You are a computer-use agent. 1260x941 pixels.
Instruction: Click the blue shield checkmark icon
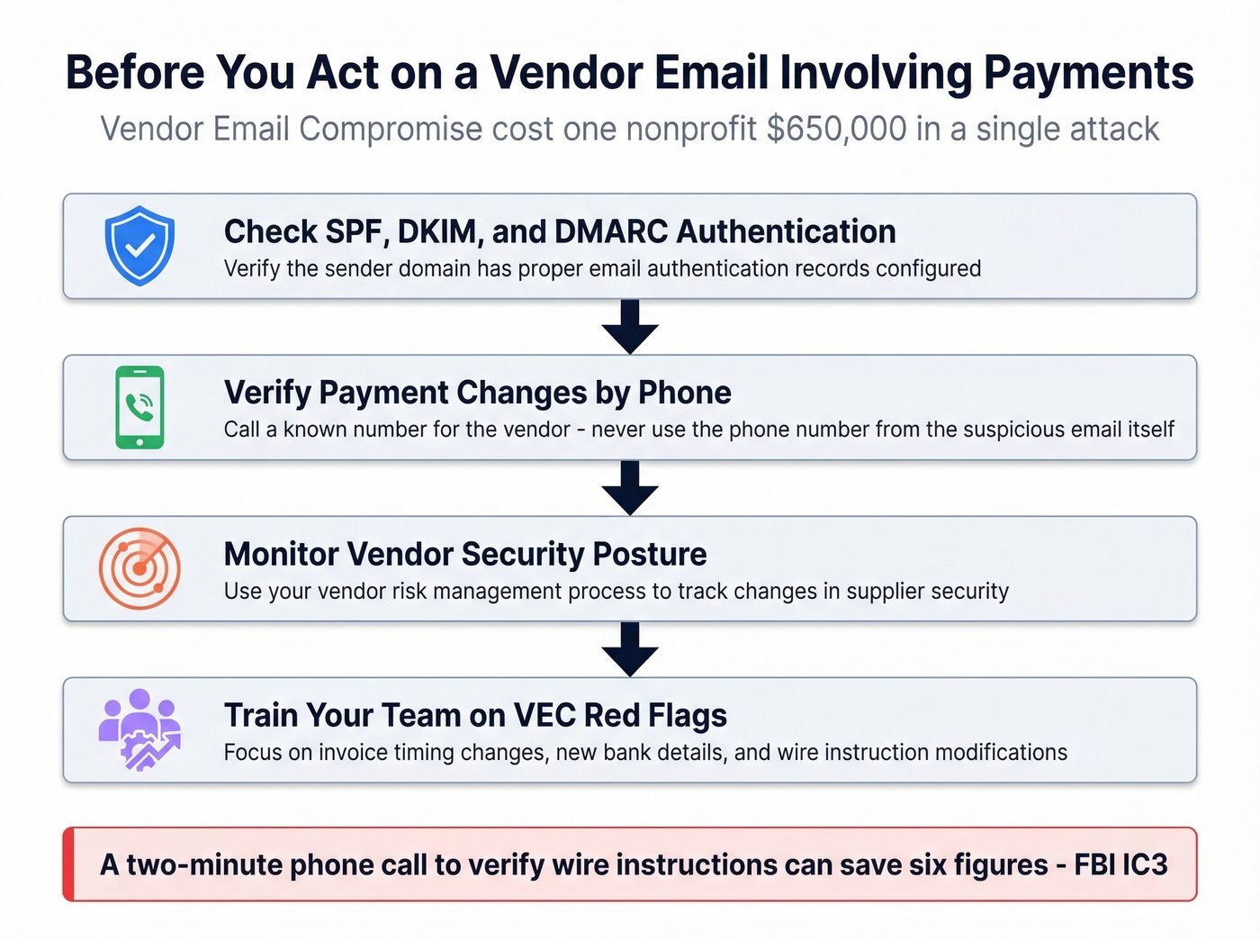pyautogui.click(x=139, y=245)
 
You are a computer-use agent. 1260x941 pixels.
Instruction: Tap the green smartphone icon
pyautogui.click(x=139, y=407)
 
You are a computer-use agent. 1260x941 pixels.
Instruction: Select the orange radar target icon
pyautogui.click(x=139, y=568)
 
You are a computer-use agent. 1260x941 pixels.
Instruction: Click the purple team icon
pyautogui.click(x=139, y=729)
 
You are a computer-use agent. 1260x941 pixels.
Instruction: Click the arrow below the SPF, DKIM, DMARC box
pyautogui.click(x=630, y=326)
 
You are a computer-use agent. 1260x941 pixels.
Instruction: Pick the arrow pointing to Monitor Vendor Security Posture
pyautogui.click(x=630, y=487)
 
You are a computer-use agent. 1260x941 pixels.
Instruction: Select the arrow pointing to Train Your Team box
pyautogui.click(x=630, y=648)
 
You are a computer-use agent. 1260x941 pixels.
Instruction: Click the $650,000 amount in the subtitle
pyautogui.click(x=836, y=129)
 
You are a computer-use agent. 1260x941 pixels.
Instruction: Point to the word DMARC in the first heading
pyautogui.click(x=611, y=231)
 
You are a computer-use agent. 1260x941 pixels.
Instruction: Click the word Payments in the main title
pyautogui.click(x=1088, y=73)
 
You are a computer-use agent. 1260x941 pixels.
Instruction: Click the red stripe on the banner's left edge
pyautogui.click(x=68, y=864)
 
